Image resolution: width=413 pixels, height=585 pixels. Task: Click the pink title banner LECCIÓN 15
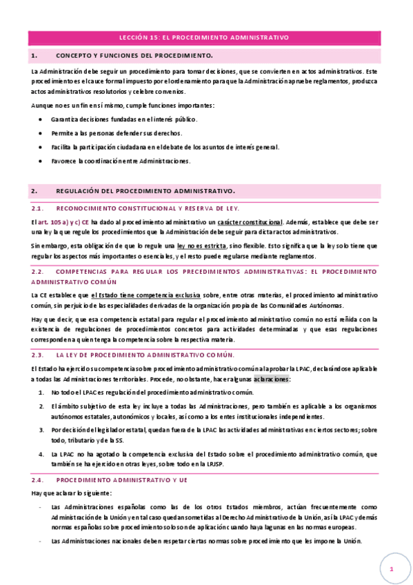pos(203,38)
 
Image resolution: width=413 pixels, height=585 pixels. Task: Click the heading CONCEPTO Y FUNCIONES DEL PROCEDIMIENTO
pos(134,54)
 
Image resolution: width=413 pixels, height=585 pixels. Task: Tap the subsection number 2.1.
pos(38,208)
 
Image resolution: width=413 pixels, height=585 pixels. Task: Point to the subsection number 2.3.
pos(38,355)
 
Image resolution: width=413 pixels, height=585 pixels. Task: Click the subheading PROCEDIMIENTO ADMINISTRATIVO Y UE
pos(122,479)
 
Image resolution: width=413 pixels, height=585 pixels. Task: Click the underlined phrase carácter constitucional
pos(250,221)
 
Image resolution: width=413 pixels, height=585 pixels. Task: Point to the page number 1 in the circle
pos(391,568)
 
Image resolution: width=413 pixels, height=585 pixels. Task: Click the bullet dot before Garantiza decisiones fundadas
pos(41,119)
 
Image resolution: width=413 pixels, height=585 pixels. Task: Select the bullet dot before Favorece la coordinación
pos(41,161)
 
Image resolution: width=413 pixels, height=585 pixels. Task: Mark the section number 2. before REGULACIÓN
pos(34,190)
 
